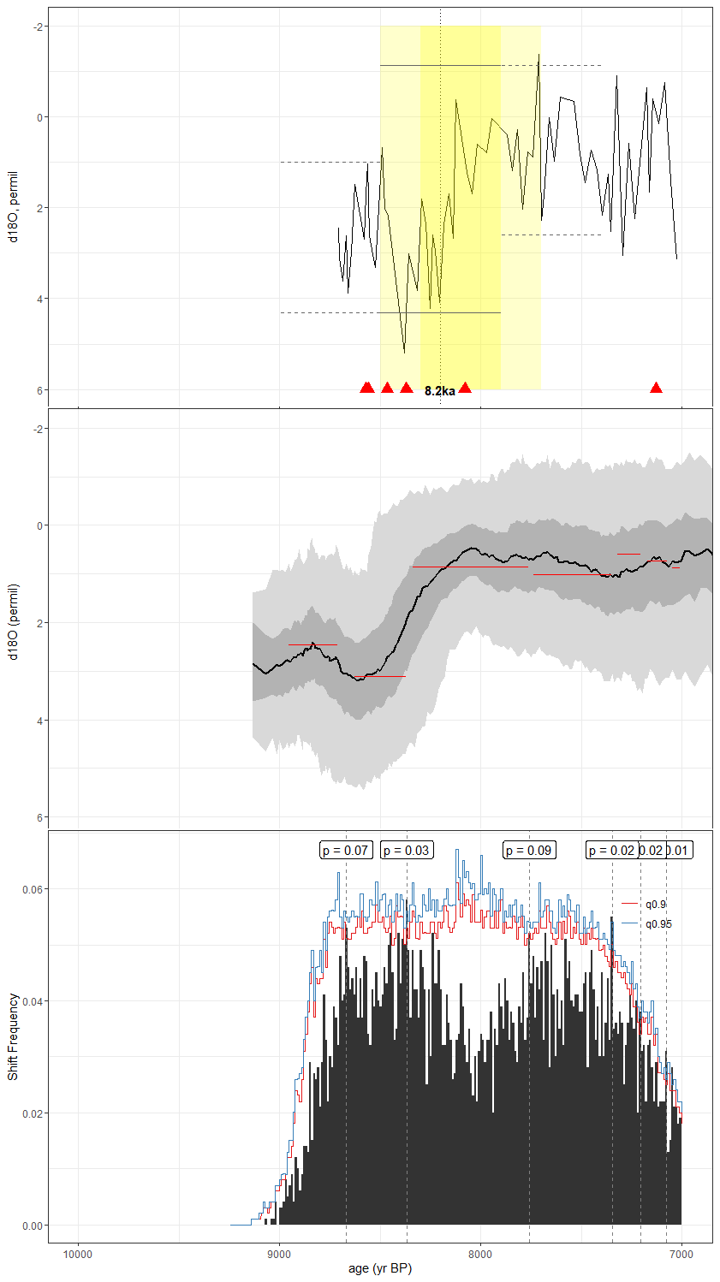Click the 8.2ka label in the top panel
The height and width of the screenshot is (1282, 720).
pos(440,391)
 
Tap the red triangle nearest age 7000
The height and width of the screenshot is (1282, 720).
pos(656,389)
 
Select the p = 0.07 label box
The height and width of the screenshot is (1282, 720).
pos(346,850)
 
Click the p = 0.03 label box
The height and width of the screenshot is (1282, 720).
pos(406,850)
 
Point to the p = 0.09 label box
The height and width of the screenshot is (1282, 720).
pos(529,850)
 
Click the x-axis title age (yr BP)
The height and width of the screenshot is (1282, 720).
pos(380,1268)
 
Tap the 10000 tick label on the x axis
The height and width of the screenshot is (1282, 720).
pos(78,1255)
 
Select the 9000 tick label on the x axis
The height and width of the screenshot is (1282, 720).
pos(279,1255)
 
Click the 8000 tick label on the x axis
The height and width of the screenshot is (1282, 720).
pos(480,1255)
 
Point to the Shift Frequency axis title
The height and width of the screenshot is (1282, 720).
pos(13,1036)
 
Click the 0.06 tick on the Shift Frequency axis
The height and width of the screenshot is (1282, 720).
pos(33,889)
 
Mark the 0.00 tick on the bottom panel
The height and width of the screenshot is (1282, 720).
pos(33,1226)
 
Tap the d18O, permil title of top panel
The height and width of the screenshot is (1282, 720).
pos(13,207)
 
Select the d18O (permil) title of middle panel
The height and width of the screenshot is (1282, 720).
pos(13,621)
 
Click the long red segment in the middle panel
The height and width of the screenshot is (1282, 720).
pos(470,567)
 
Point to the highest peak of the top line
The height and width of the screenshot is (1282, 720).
pos(539,56)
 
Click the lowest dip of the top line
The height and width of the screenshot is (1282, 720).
pos(404,352)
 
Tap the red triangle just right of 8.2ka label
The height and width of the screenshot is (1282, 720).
pos(465,389)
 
